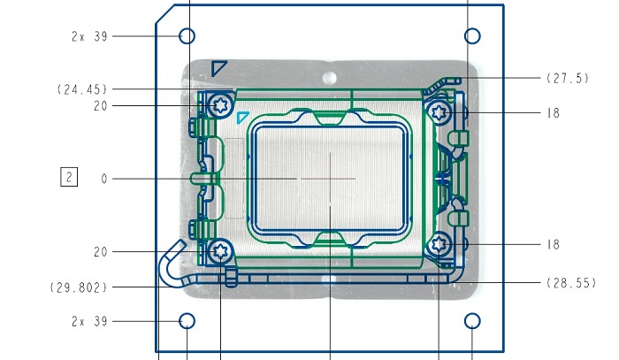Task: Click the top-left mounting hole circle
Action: pos(187,29)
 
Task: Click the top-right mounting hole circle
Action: pos(472,29)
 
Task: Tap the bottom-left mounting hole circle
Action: pos(187,314)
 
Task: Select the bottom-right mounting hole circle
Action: pos(472,314)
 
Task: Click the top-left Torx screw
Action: pos(220,105)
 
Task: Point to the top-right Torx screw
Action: pos(439,113)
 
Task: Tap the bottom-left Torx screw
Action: pos(220,251)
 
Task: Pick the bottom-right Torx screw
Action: pos(439,244)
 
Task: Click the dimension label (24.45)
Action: pos(82,89)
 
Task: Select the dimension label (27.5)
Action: pos(568,78)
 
